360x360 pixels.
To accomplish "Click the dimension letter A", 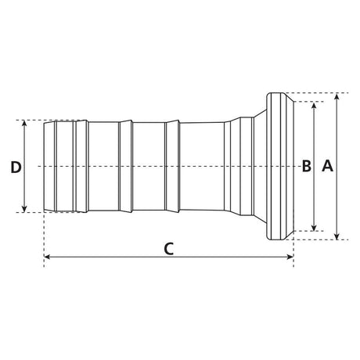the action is [x=327, y=166].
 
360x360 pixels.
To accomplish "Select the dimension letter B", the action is [x=307, y=166].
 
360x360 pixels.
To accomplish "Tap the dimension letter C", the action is [x=169, y=249].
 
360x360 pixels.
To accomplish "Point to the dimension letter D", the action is [x=16, y=167].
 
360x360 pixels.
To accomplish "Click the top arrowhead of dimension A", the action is [x=337, y=96].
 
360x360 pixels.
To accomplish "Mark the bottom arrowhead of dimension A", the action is [x=337, y=236].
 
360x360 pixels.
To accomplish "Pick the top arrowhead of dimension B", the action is [x=314, y=105].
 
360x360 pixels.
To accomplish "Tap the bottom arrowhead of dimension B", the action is [x=314, y=228].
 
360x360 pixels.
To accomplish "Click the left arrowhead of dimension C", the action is [x=48, y=257].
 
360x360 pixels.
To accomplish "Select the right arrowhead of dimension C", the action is [x=290, y=257].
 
